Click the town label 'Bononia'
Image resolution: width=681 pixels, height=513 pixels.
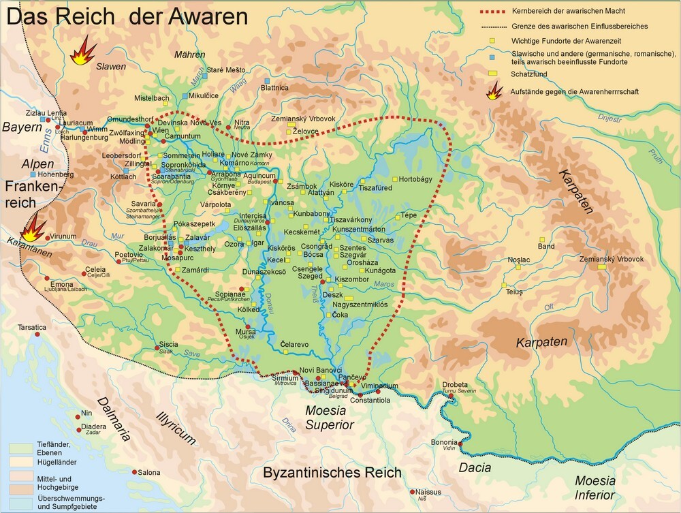(444, 441)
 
